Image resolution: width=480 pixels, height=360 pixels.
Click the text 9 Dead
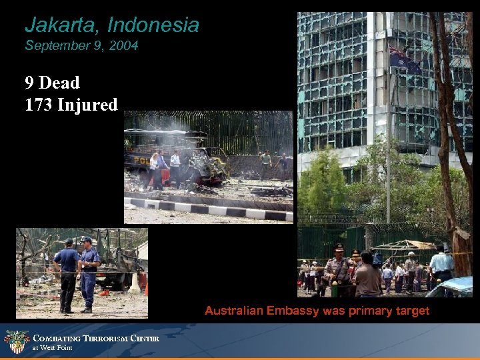(52, 83)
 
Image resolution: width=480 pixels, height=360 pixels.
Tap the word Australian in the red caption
(234, 311)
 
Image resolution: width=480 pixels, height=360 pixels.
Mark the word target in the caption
(412, 311)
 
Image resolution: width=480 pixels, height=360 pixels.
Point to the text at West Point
(53, 348)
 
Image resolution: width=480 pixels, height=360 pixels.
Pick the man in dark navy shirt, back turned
(67, 273)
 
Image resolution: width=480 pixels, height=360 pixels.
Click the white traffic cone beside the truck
(135, 283)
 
